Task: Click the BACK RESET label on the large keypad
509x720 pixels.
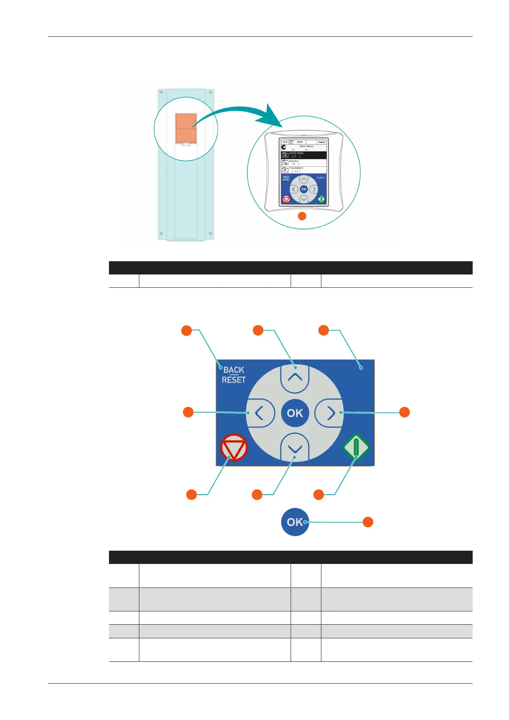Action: tap(234, 375)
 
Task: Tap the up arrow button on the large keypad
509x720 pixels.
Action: tap(295, 378)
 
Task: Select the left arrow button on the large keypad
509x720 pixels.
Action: tap(259, 413)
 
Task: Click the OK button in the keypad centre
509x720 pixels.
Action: tap(295, 413)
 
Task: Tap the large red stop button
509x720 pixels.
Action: tap(234, 448)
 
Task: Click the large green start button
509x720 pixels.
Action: tap(356, 447)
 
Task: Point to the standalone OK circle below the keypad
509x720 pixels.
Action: tap(294, 522)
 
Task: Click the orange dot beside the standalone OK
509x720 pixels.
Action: tap(368, 522)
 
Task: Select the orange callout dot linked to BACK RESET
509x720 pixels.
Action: tap(186, 330)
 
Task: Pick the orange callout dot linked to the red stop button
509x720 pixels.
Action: tap(191, 495)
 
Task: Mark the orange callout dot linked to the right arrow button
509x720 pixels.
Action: tap(404, 412)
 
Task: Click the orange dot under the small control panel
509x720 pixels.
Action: tap(302, 216)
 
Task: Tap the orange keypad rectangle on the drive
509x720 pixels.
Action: tap(186, 128)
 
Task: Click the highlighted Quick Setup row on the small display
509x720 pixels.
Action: tap(304, 155)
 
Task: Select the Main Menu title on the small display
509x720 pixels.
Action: tap(306, 146)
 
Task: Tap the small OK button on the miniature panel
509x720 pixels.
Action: tap(304, 189)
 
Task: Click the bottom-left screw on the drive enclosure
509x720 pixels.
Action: tap(162, 233)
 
